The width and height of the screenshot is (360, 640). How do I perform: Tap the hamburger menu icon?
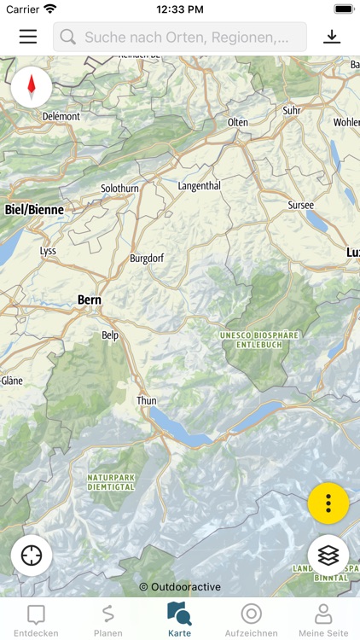28,37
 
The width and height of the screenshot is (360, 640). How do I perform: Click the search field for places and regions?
180,37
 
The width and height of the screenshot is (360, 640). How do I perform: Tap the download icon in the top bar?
331,37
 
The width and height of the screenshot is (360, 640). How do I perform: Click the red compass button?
32,86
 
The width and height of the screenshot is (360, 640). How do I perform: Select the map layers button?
328,555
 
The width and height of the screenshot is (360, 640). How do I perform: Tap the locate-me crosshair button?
32,555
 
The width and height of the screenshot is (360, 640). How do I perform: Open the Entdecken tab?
36,620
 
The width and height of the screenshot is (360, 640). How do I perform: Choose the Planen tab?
107,620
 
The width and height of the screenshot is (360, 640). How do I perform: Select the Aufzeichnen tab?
251,620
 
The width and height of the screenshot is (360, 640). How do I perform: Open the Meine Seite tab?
323,620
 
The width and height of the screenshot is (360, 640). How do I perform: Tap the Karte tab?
179,620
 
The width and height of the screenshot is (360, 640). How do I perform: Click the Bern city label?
90,300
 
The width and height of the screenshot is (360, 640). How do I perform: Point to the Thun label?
147,400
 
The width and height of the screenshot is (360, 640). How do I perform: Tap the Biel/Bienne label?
34,209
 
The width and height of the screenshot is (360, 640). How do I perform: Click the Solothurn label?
119,188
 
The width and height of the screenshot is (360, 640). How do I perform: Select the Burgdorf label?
146,258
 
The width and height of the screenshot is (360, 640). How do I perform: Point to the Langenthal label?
199,186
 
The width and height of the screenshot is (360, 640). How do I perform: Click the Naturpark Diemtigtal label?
111,481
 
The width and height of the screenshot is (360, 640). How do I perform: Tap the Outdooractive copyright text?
180,587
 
